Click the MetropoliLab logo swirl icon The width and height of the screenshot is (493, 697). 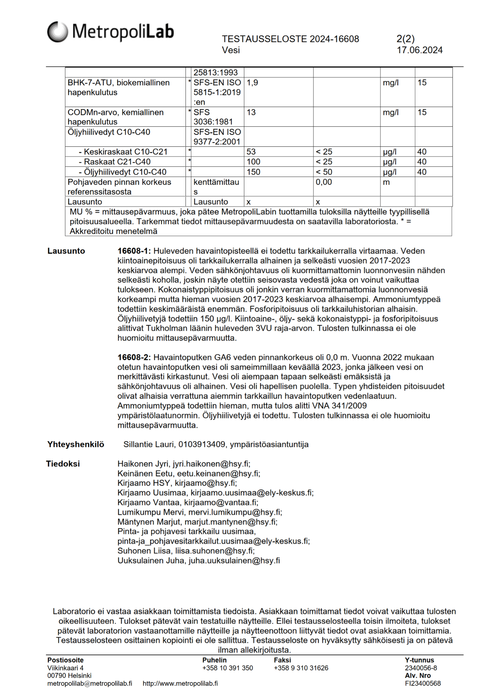[x=58, y=32]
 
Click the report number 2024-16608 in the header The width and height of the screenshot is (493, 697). [x=334, y=39]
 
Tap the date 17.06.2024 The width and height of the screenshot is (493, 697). [x=419, y=50]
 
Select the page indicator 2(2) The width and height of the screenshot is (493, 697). [x=405, y=39]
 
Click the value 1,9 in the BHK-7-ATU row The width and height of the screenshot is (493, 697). [x=252, y=83]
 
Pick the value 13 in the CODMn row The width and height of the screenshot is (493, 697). [x=251, y=113]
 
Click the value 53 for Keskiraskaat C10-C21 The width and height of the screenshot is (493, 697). [x=251, y=152]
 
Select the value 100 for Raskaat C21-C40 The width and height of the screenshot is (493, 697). [x=253, y=162]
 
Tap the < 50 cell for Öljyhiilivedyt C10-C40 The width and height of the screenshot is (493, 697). [x=324, y=172]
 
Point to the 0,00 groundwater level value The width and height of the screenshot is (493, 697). [x=324, y=182]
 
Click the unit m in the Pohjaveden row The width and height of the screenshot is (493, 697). [x=386, y=182]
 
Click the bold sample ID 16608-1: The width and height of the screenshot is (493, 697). [x=134, y=251]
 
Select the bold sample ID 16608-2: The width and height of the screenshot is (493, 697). [x=134, y=357]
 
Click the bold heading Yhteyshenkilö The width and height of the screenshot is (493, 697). [x=75, y=444]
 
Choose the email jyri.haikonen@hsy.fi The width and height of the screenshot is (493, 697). [x=211, y=464]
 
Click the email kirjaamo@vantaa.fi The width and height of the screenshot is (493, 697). [x=221, y=502]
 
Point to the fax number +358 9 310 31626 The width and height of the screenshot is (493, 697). [x=301, y=668]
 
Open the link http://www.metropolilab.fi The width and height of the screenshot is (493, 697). [x=180, y=683]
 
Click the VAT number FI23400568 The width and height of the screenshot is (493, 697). [x=423, y=683]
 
